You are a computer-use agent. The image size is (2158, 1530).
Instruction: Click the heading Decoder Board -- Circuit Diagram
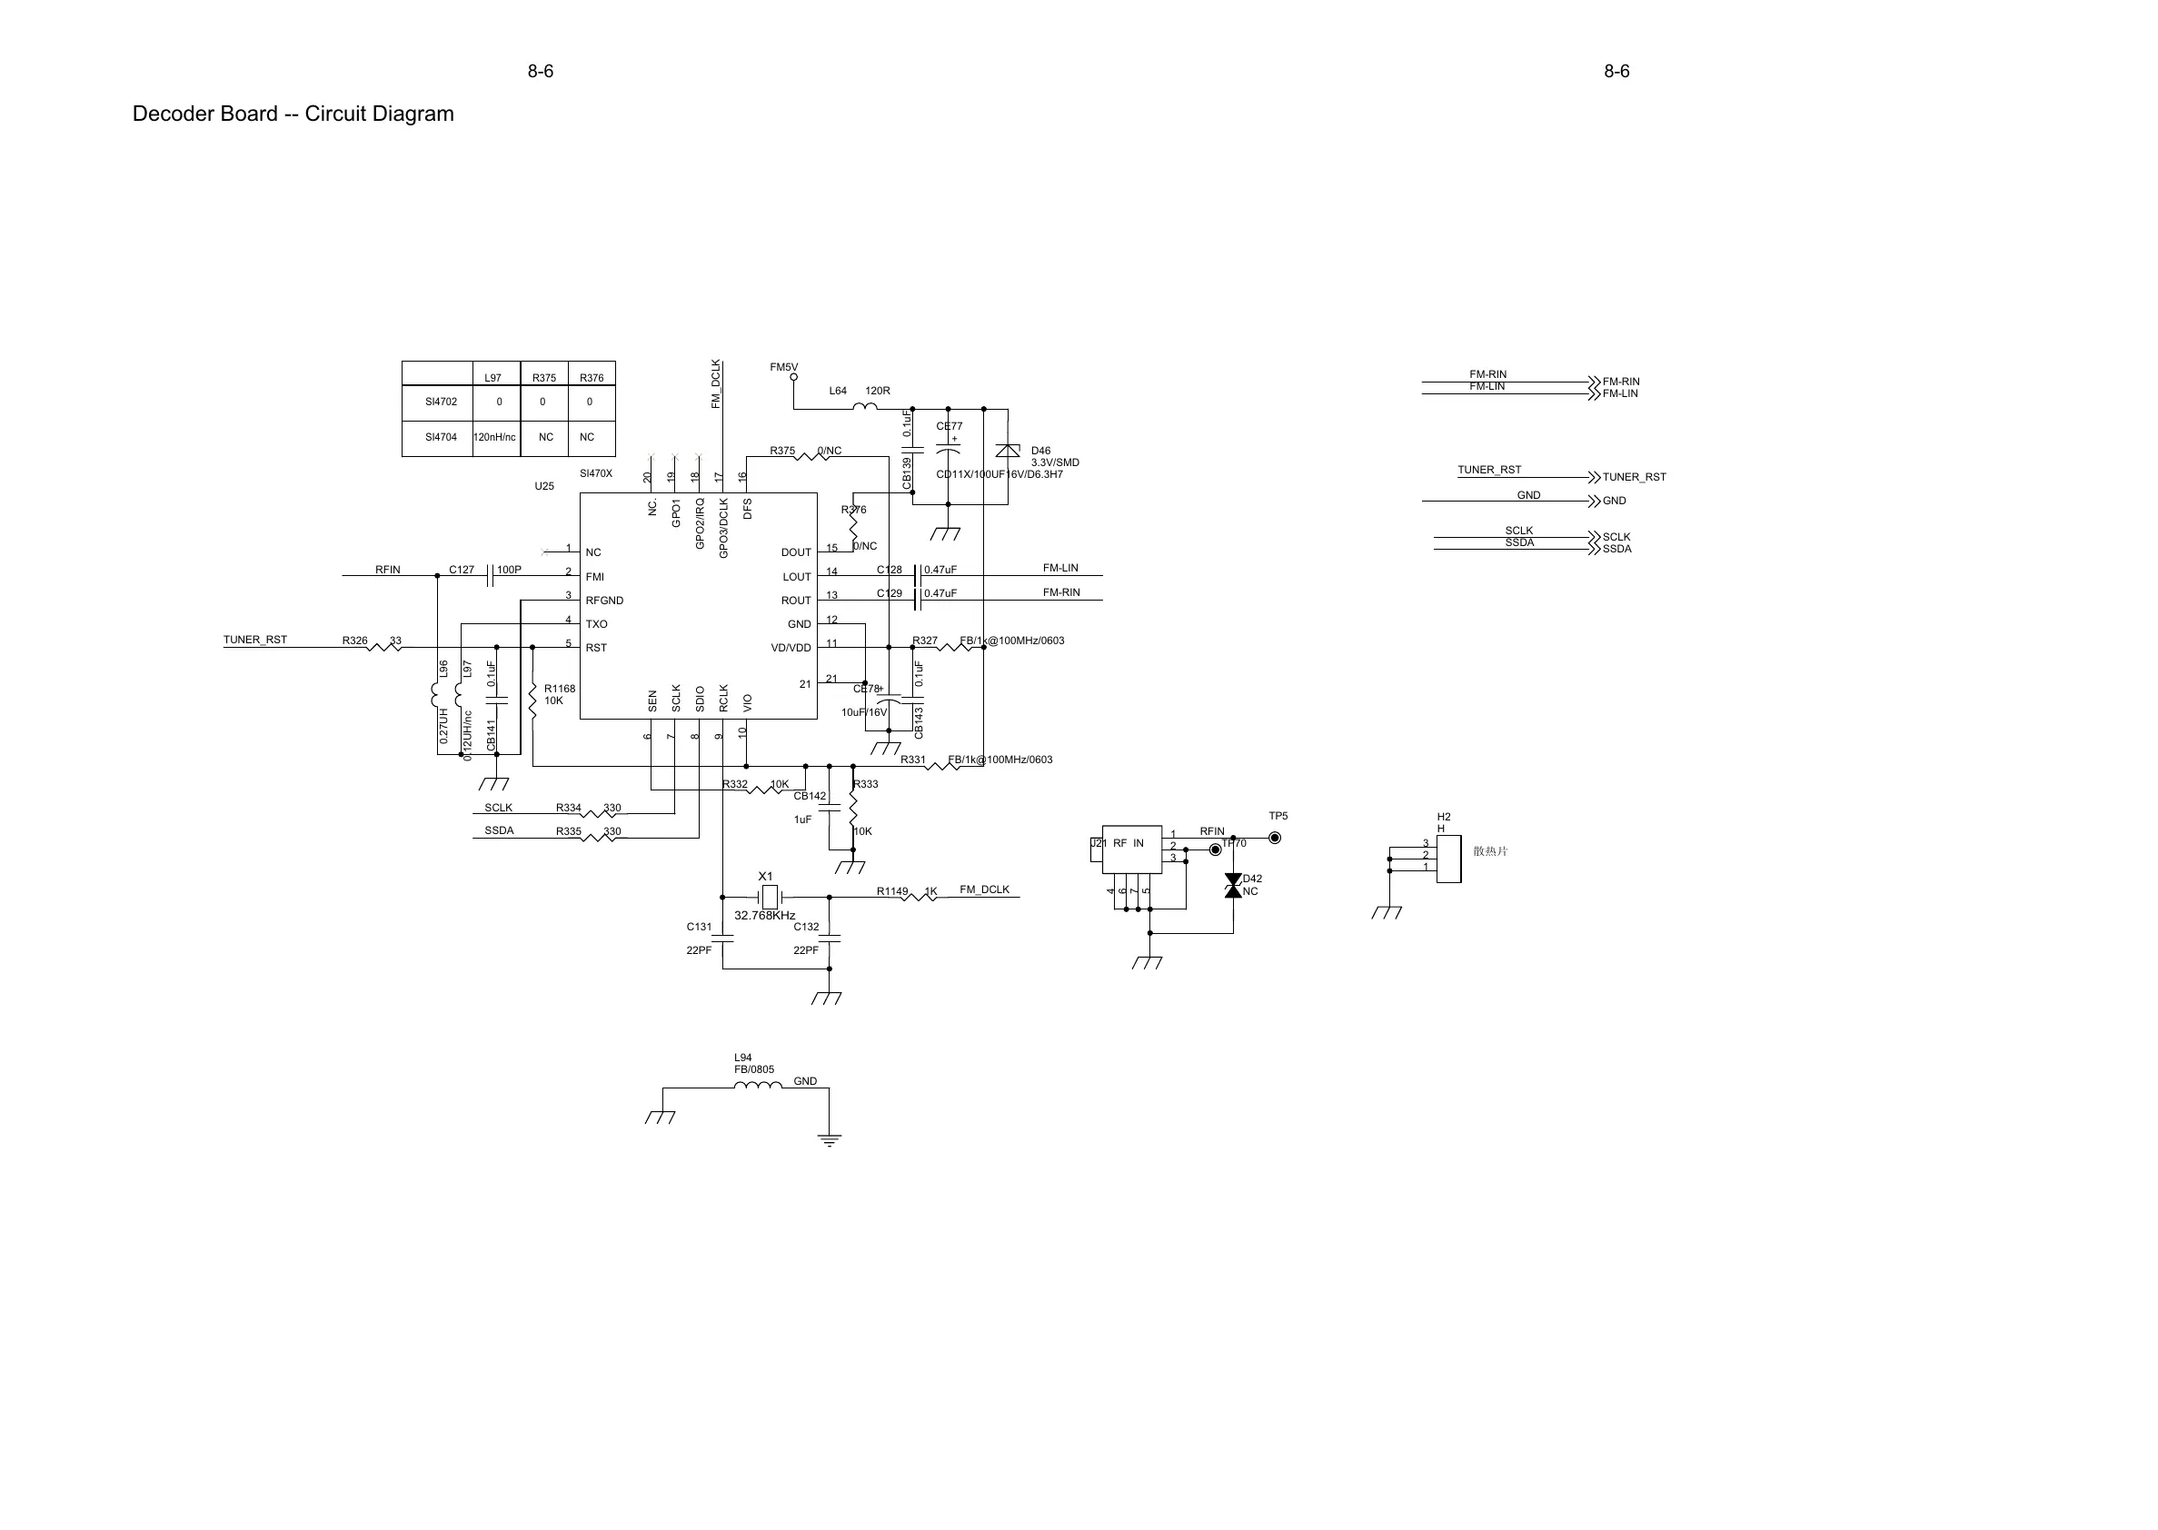(x=293, y=114)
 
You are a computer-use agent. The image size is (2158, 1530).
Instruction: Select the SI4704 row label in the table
(x=441, y=437)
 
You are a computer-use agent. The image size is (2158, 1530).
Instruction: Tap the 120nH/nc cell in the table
(x=494, y=437)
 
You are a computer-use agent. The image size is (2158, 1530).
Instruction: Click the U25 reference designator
(x=544, y=486)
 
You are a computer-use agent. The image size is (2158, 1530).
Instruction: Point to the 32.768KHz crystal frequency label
(x=764, y=916)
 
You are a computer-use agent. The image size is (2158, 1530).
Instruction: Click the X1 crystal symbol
(x=770, y=897)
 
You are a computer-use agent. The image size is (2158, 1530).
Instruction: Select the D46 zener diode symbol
(x=1007, y=451)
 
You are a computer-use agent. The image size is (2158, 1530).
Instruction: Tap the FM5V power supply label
(x=784, y=367)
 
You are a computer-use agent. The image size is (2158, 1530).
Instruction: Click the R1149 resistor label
(x=892, y=891)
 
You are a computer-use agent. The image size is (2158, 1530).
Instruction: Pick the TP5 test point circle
(x=1275, y=838)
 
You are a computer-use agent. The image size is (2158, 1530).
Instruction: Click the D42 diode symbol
(x=1232, y=886)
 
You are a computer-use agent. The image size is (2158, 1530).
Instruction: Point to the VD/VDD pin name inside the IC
(x=791, y=648)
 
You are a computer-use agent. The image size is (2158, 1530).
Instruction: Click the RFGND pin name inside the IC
(x=605, y=601)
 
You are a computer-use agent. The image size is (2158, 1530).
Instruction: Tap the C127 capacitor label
(x=462, y=570)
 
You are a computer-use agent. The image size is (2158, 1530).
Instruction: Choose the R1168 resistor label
(x=560, y=689)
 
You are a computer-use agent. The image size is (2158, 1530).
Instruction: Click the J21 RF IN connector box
(x=1130, y=849)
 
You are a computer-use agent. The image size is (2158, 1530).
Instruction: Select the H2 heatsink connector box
(x=1448, y=859)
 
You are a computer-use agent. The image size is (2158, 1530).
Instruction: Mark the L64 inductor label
(x=838, y=391)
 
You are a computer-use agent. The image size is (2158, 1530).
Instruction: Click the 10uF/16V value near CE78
(x=864, y=712)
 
